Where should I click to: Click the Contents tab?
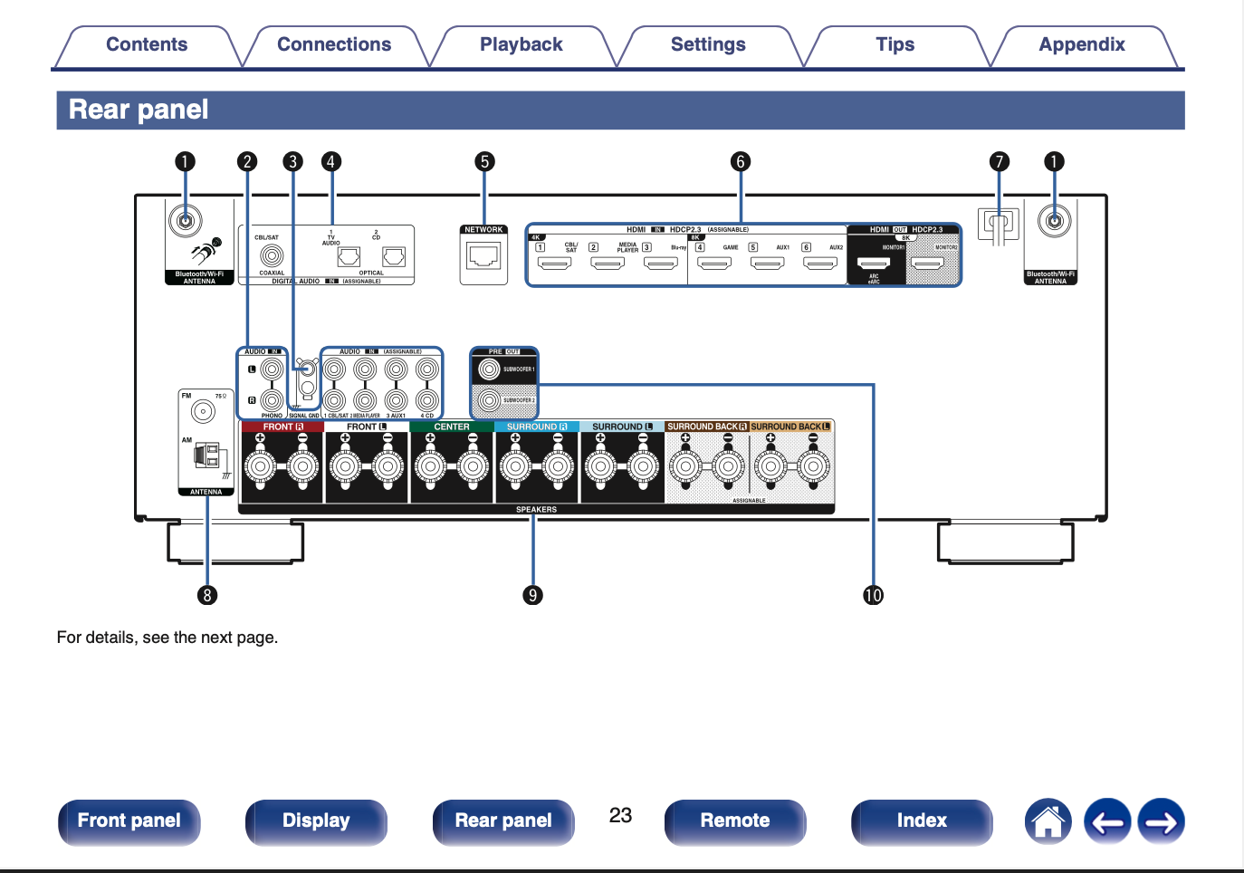147,45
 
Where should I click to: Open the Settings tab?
708,45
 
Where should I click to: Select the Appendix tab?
1081,45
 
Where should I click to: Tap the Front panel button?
129,821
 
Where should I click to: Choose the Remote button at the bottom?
734,821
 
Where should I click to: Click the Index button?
921,821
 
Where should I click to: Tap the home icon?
1048,821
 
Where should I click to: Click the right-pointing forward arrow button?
1161,821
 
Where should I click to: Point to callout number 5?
484,162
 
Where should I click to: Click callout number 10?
873,595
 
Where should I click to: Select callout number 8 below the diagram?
207,595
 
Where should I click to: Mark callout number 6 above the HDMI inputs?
741,162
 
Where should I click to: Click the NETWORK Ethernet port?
483,257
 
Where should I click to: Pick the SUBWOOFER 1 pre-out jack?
490,369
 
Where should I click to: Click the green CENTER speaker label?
452,427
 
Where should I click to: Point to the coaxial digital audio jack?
272,256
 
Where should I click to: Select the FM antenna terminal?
203,412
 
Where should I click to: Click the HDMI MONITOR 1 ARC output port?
874,264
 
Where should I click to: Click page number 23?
620,816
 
